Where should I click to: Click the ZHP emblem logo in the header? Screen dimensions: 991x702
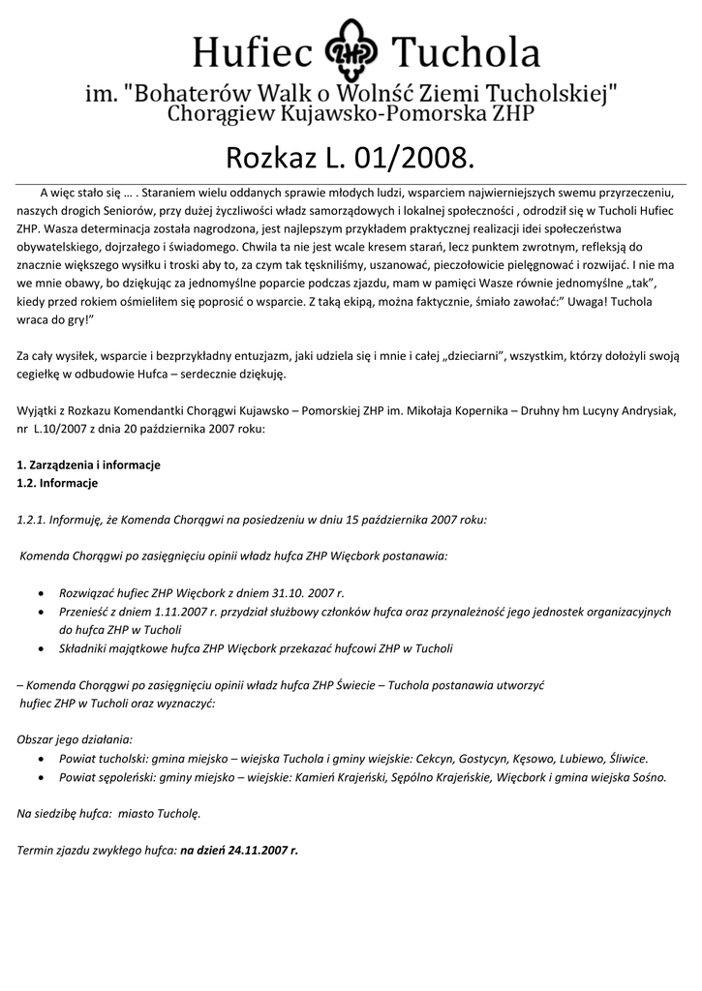tap(351, 53)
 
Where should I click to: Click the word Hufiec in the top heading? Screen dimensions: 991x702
tap(254, 52)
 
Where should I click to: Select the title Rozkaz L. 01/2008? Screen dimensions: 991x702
tap(351, 156)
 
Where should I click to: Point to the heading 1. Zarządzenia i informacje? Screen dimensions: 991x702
tap(88, 465)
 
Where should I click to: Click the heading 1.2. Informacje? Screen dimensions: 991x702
tap(57, 482)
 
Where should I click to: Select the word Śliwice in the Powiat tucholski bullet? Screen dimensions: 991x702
tap(626, 759)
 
